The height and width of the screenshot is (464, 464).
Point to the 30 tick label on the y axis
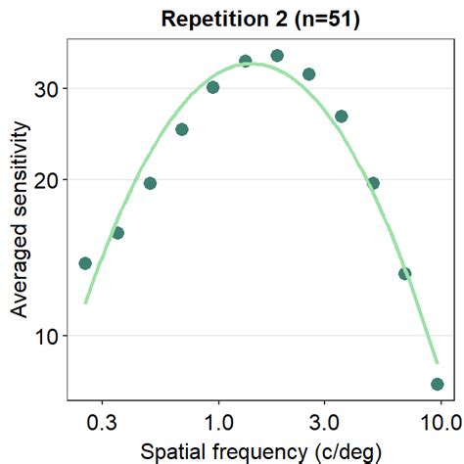[48, 89]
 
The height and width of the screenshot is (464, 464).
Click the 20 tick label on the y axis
[48, 180]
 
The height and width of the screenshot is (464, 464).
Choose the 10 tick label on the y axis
[48, 336]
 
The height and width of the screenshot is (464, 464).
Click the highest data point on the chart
[277, 56]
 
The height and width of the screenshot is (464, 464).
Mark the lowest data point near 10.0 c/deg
[437, 384]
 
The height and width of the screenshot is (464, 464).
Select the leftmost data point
[85, 263]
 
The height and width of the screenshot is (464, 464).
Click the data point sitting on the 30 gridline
[212, 87]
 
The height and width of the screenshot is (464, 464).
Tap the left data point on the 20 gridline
[150, 183]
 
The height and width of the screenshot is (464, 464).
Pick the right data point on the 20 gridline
[373, 183]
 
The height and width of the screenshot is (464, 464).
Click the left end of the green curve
[85, 302]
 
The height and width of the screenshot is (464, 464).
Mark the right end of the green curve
[437, 362]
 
